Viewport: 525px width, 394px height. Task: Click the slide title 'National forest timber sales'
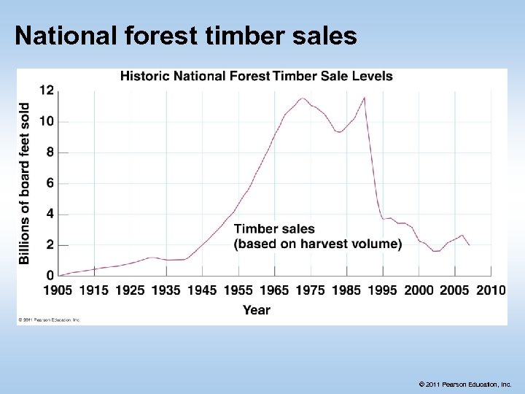click(x=185, y=36)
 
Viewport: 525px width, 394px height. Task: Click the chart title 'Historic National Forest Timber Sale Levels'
click(x=256, y=76)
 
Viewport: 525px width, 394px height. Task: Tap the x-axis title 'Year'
click(x=256, y=310)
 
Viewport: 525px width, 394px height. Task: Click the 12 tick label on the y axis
click(x=46, y=90)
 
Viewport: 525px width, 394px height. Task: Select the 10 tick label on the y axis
click(x=46, y=121)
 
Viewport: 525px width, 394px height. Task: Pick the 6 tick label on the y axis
click(x=50, y=183)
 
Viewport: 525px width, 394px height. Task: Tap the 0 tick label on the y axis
click(x=50, y=276)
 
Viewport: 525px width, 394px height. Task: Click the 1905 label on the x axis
click(x=58, y=290)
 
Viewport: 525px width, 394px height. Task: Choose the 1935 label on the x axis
click(x=166, y=290)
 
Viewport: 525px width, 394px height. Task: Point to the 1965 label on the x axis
click(x=274, y=290)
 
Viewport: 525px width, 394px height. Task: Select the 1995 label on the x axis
click(x=383, y=290)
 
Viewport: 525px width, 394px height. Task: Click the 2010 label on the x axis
click(x=491, y=290)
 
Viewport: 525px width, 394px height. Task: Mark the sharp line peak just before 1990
click(x=364, y=98)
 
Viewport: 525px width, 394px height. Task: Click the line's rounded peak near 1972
click(x=303, y=98)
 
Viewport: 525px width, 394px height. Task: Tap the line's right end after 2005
click(x=469, y=245)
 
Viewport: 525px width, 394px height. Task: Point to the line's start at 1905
click(x=58, y=275)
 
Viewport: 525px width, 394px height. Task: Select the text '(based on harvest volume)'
click(x=318, y=244)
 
